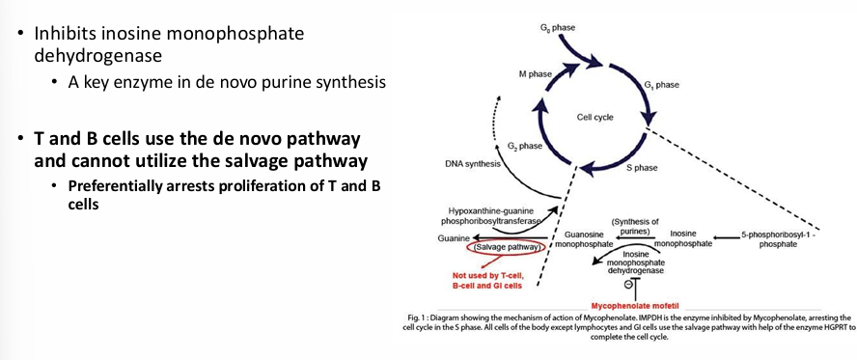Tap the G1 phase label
(x=661, y=85)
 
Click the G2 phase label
(x=524, y=146)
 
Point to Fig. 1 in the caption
(x=421, y=318)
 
